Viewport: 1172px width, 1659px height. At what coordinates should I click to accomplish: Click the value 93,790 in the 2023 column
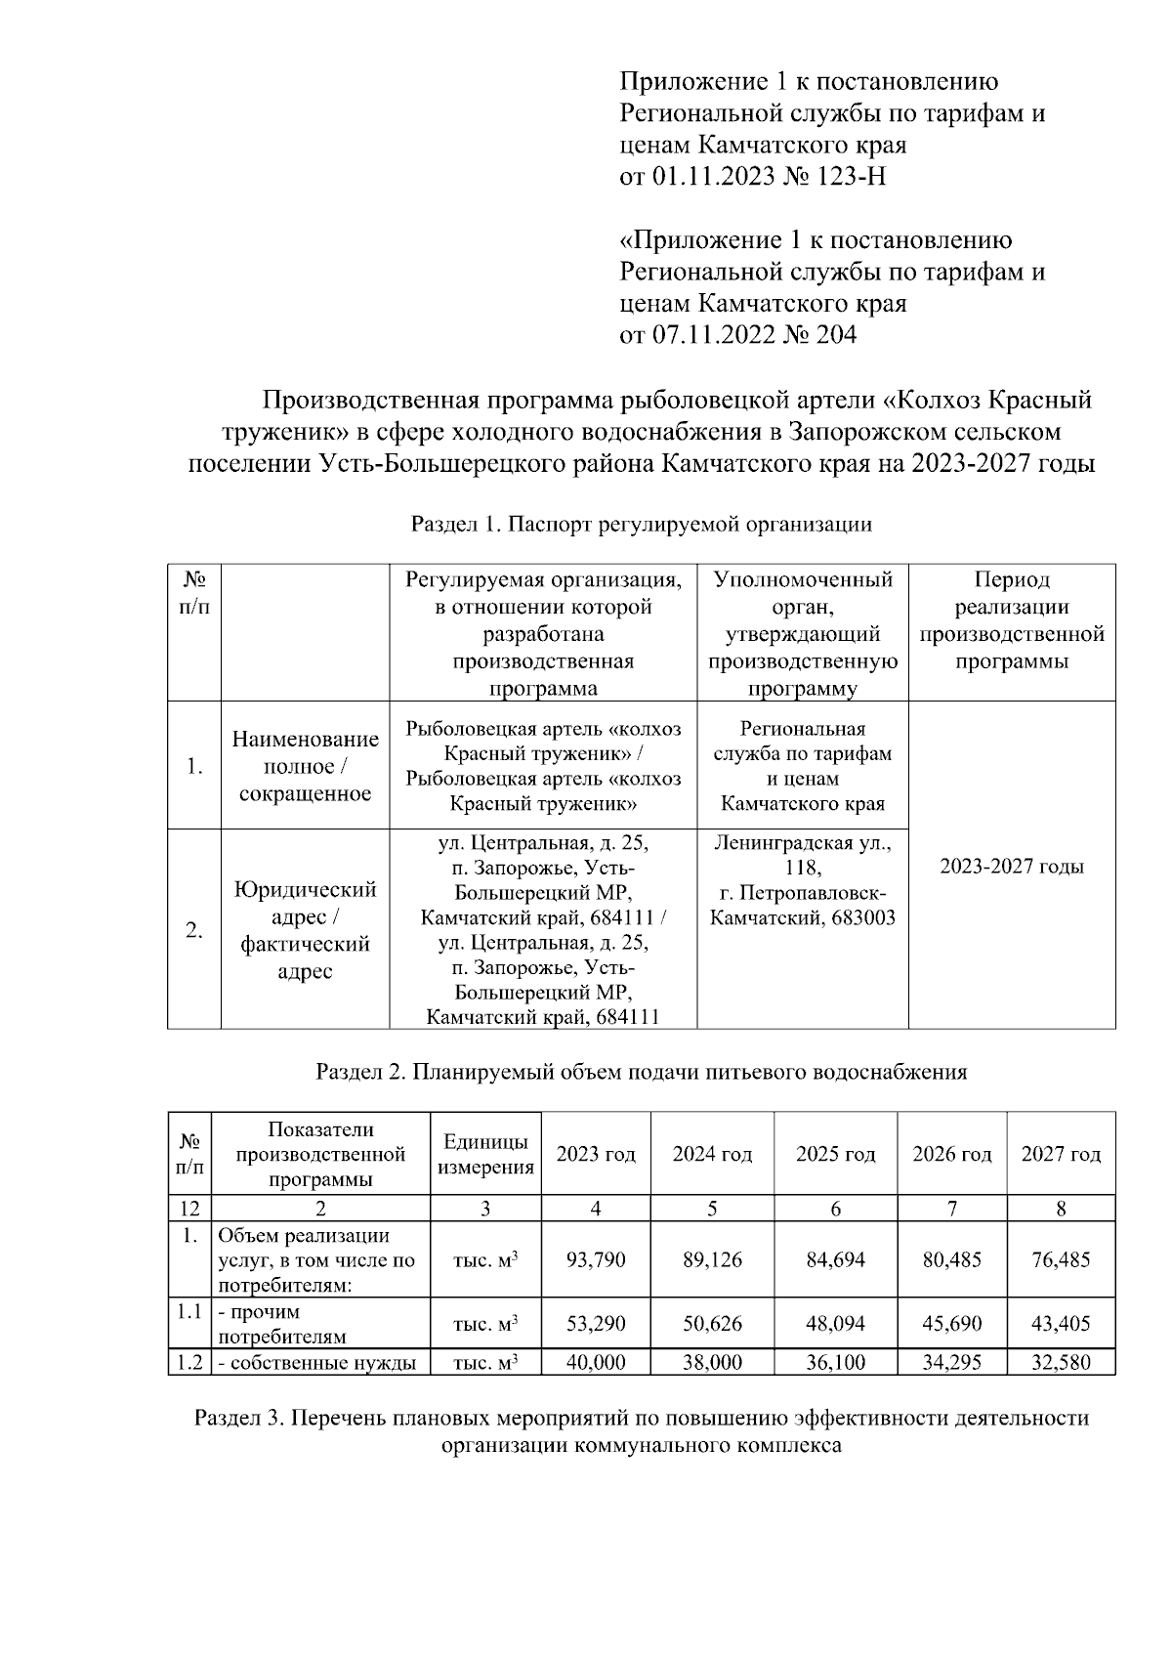pyautogui.click(x=596, y=1259)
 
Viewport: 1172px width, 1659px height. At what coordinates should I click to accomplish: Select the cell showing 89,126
pyautogui.click(x=712, y=1259)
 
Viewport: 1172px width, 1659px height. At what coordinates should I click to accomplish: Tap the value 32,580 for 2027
pyautogui.click(x=1061, y=1362)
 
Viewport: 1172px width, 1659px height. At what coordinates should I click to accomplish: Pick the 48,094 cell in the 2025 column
pyautogui.click(x=835, y=1324)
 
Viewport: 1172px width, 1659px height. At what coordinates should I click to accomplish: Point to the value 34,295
pyautogui.click(x=951, y=1362)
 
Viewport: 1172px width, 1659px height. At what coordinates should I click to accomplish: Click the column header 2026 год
pyautogui.click(x=951, y=1154)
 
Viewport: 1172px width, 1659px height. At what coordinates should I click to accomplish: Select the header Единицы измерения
pyautogui.click(x=486, y=1154)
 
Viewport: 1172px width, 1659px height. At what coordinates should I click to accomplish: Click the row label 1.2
pyautogui.click(x=189, y=1362)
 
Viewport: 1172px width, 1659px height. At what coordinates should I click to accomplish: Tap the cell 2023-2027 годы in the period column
pyautogui.click(x=1012, y=867)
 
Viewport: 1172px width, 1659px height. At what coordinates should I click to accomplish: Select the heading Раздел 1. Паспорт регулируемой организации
pyautogui.click(x=641, y=525)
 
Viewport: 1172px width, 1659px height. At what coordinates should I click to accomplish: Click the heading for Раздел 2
pyautogui.click(x=641, y=1072)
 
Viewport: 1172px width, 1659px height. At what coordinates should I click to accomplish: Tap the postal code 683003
pyautogui.click(x=860, y=918)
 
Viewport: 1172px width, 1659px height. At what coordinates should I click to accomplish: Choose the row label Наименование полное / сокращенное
pyautogui.click(x=305, y=766)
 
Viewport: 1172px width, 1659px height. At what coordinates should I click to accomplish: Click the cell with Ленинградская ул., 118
pyautogui.click(x=803, y=855)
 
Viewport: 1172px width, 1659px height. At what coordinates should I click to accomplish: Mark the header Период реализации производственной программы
pyautogui.click(x=1012, y=620)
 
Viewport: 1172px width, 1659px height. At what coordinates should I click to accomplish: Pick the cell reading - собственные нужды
pyautogui.click(x=319, y=1362)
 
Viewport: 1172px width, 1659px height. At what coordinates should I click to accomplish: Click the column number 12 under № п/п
pyautogui.click(x=189, y=1209)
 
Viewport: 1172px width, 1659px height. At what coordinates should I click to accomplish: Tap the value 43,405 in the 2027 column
pyautogui.click(x=1061, y=1324)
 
